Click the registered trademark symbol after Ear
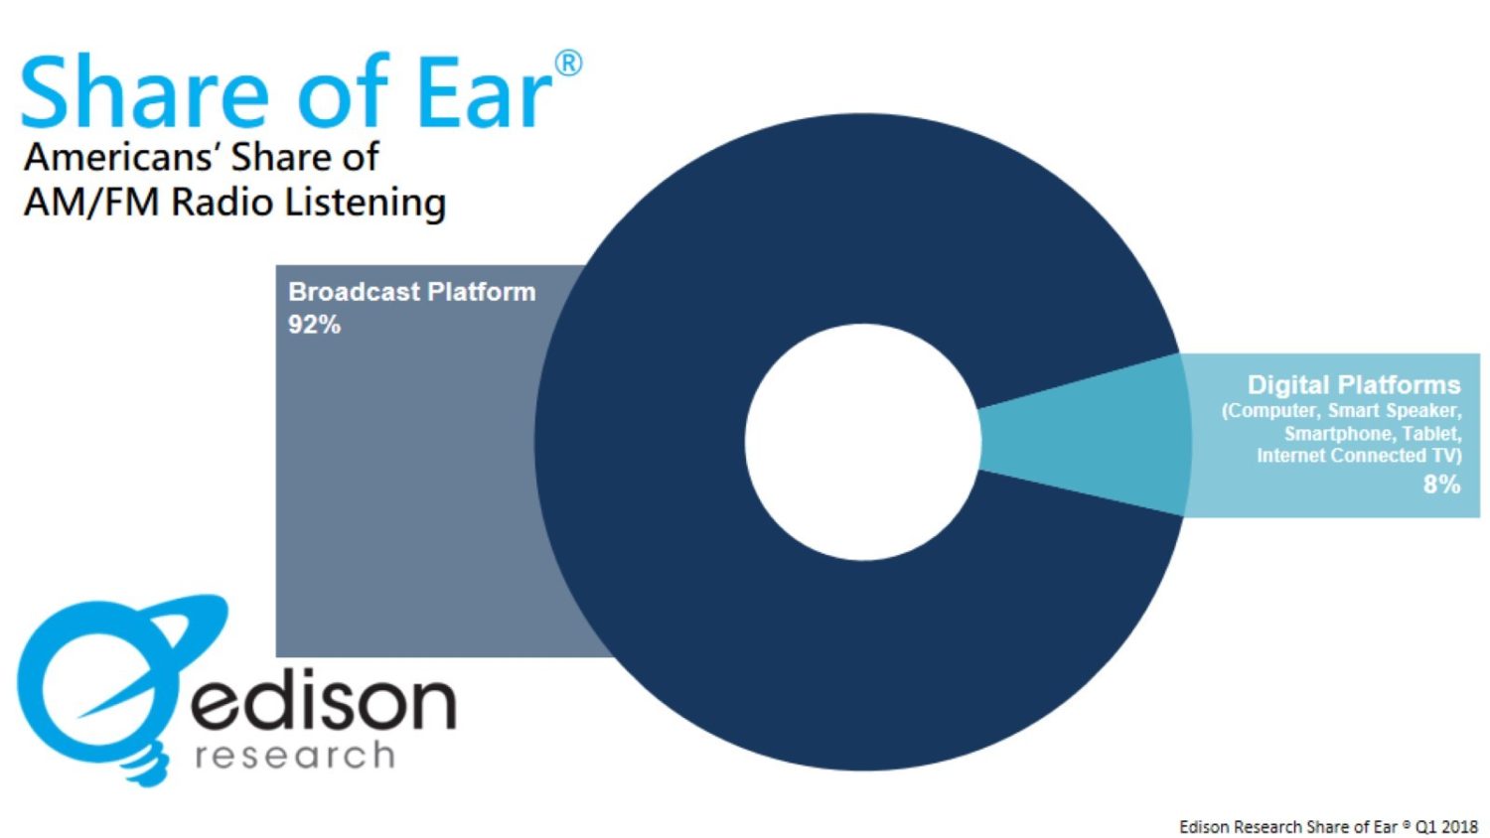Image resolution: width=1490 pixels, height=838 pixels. [568, 65]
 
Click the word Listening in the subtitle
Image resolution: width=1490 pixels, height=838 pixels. [365, 203]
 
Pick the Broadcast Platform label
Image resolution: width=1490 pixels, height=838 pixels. [411, 292]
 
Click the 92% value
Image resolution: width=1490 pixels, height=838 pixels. [314, 325]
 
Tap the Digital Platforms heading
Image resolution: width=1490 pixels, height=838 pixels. [1353, 385]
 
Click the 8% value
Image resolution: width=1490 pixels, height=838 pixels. [1440, 485]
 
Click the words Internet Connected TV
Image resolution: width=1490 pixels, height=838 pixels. [1358, 456]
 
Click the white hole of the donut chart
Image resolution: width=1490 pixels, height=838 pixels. [862, 441]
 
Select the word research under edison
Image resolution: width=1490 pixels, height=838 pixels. [295, 756]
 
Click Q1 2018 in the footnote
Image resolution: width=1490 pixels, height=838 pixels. [1446, 826]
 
